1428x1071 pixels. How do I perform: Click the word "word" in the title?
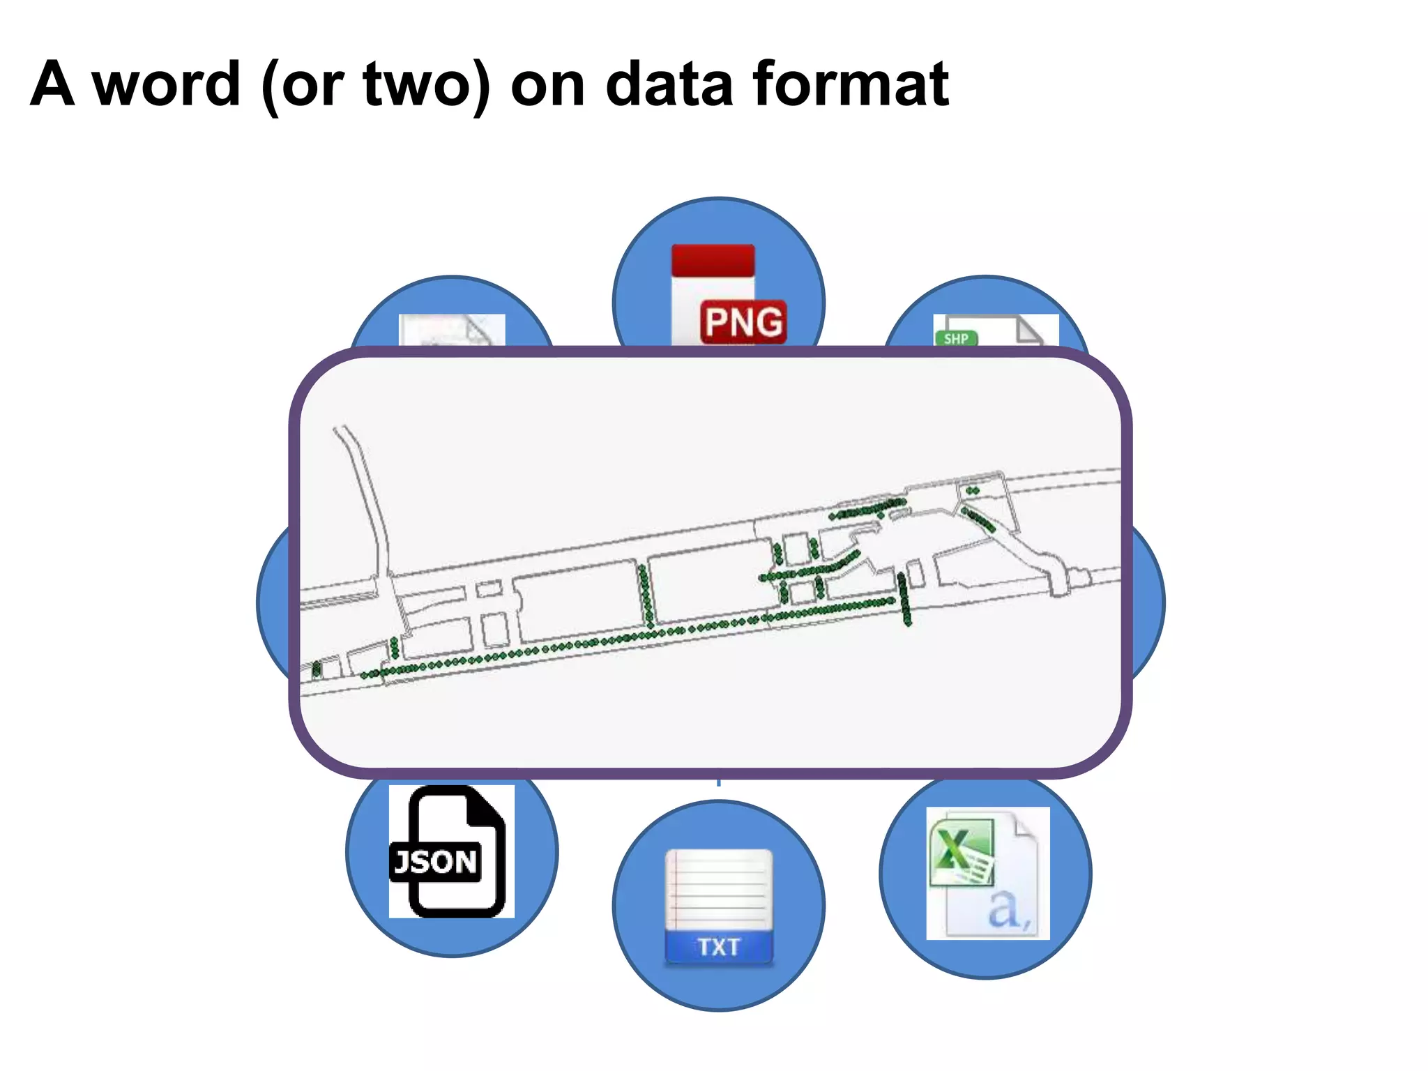[x=167, y=84]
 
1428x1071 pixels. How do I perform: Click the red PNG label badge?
[x=743, y=322]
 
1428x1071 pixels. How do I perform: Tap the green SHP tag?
[x=956, y=338]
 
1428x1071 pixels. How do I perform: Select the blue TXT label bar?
[x=719, y=947]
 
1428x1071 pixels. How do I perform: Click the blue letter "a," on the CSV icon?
[x=1008, y=908]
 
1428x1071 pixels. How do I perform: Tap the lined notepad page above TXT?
[x=719, y=889]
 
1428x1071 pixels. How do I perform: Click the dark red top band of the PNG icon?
[x=713, y=260]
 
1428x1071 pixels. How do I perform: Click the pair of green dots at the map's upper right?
[x=973, y=491]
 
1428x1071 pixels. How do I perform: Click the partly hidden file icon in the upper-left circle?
[x=452, y=330]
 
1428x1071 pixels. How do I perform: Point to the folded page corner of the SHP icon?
[x=1029, y=329]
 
